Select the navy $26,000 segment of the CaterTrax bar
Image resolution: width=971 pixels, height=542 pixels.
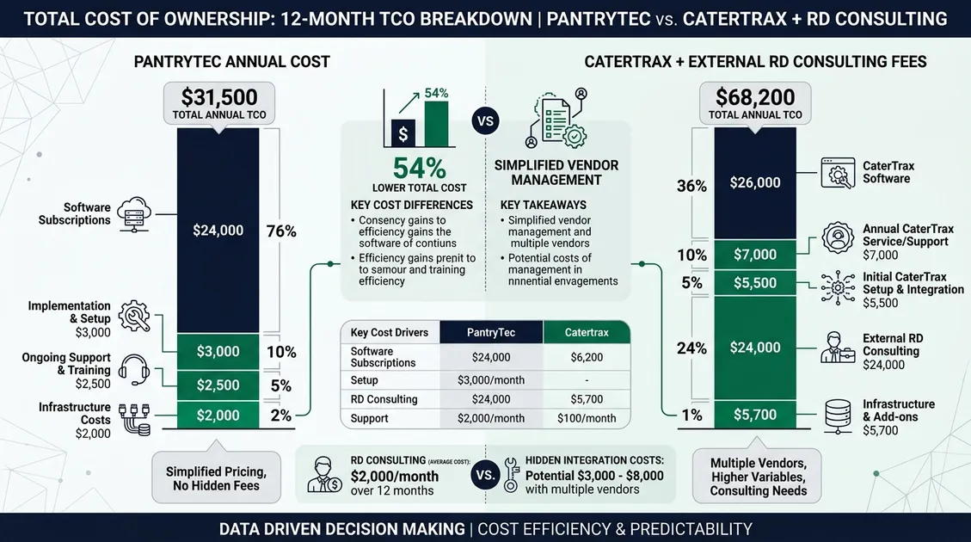(x=755, y=182)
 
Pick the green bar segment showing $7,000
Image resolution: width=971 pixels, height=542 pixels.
(x=755, y=255)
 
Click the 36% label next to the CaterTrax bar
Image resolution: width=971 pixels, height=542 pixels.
(x=692, y=186)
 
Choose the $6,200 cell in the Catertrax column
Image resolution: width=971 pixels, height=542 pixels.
(x=586, y=357)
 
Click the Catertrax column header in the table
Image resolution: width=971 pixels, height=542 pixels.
(x=586, y=332)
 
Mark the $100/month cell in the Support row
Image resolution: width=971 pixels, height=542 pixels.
(x=586, y=418)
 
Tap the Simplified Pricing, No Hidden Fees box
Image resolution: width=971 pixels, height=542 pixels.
(x=216, y=478)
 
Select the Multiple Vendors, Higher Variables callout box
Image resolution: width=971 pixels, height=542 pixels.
(x=758, y=477)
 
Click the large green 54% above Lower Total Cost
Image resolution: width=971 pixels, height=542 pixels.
(x=419, y=168)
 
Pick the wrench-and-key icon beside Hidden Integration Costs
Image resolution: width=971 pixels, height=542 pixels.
(x=511, y=475)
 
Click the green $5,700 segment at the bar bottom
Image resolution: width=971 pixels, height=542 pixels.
(x=755, y=415)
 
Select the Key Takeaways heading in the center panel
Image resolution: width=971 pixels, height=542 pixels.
(x=543, y=206)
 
